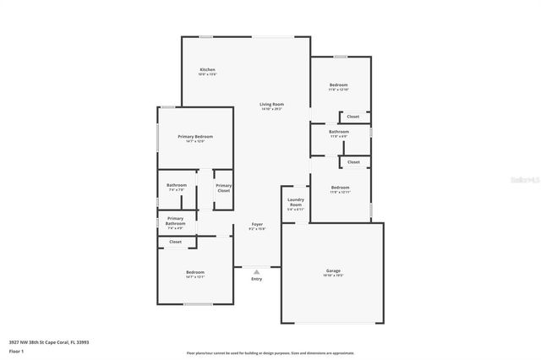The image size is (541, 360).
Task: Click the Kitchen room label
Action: pyautogui.click(x=207, y=69)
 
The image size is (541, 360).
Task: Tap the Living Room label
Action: pyautogui.click(x=271, y=104)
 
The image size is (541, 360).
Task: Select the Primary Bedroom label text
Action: pyautogui.click(x=195, y=136)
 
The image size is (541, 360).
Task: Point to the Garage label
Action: pyautogui.click(x=333, y=270)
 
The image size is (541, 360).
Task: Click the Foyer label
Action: pyautogui.click(x=257, y=224)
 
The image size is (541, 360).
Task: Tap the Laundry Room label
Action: pyautogui.click(x=295, y=203)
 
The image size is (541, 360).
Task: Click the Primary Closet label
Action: pyautogui.click(x=223, y=188)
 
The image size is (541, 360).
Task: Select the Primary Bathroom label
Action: pyautogui.click(x=175, y=221)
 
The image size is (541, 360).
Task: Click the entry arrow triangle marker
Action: pyautogui.click(x=257, y=271)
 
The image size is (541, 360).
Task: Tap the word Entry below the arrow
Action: pyautogui.click(x=257, y=279)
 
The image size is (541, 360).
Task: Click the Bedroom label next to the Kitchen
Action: pyautogui.click(x=340, y=85)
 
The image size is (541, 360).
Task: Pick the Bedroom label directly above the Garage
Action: pyautogui.click(x=340, y=188)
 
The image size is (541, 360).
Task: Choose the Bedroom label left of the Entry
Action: pyautogui.click(x=195, y=272)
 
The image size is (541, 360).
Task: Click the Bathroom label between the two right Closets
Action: pyautogui.click(x=340, y=132)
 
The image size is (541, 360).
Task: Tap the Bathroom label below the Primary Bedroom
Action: pyautogui.click(x=177, y=185)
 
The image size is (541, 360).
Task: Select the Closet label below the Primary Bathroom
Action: pyautogui.click(x=175, y=242)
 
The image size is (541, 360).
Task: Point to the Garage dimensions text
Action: pyautogui.click(x=333, y=275)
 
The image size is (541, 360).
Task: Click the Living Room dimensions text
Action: pyautogui.click(x=271, y=109)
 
